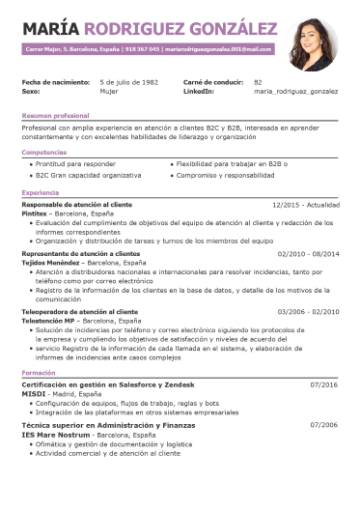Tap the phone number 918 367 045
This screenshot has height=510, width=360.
click(x=142, y=47)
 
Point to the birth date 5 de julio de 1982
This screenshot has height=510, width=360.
click(x=129, y=82)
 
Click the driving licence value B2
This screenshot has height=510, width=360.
click(x=258, y=82)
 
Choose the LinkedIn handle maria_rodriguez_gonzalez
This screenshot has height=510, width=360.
click(x=295, y=91)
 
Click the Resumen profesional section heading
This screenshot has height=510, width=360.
click(x=55, y=115)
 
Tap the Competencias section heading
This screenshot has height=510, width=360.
click(x=44, y=152)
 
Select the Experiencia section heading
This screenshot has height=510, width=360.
click(x=41, y=193)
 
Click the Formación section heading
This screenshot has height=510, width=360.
click(x=39, y=373)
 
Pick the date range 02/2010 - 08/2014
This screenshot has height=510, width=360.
click(x=308, y=253)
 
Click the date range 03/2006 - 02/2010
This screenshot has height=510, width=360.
click(x=308, y=312)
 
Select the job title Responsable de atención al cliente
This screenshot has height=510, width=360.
click(x=77, y=205)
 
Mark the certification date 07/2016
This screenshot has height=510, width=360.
click(x=323, y=384)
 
